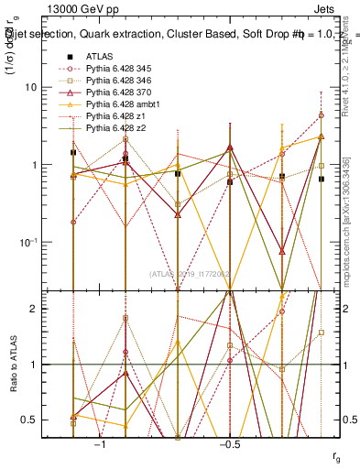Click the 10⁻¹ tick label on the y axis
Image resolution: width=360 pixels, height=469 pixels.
point(38,242)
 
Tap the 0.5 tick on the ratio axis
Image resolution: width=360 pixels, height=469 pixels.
point(41,420)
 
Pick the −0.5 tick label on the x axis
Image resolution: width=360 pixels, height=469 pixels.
point(228,443)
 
